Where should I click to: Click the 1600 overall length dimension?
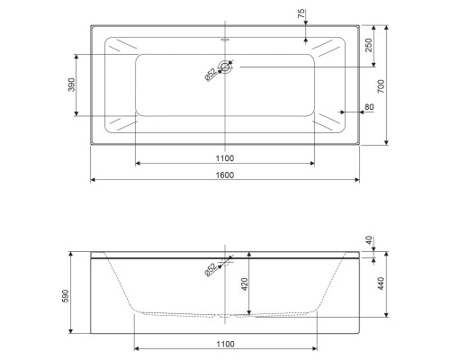pyautogui.click(x=224, y=175)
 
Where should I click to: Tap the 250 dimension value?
pyautogui.click(x=369, y=44)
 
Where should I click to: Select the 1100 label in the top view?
pyautogui.click(x=224, y=157)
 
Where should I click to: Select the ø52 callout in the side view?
pyautogui.click(x=209, y=269)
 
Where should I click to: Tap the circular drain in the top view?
pyautogui.click(x=224, y=67)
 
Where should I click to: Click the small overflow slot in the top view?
pyautogui.click(x=224, y=40)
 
